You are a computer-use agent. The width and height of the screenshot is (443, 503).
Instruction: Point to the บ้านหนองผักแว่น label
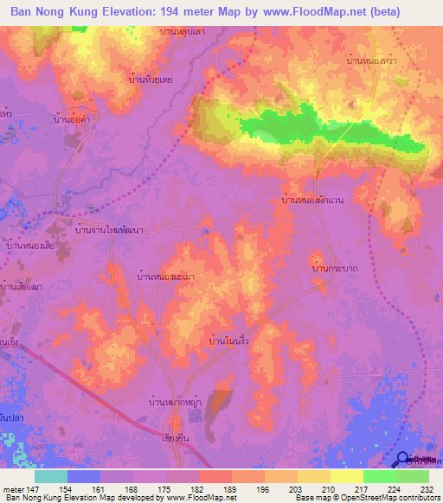(x=313, y=200)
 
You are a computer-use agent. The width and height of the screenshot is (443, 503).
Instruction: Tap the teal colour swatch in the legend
(x=51, y=476)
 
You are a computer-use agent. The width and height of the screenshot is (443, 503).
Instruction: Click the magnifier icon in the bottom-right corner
(x=404, y=461)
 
